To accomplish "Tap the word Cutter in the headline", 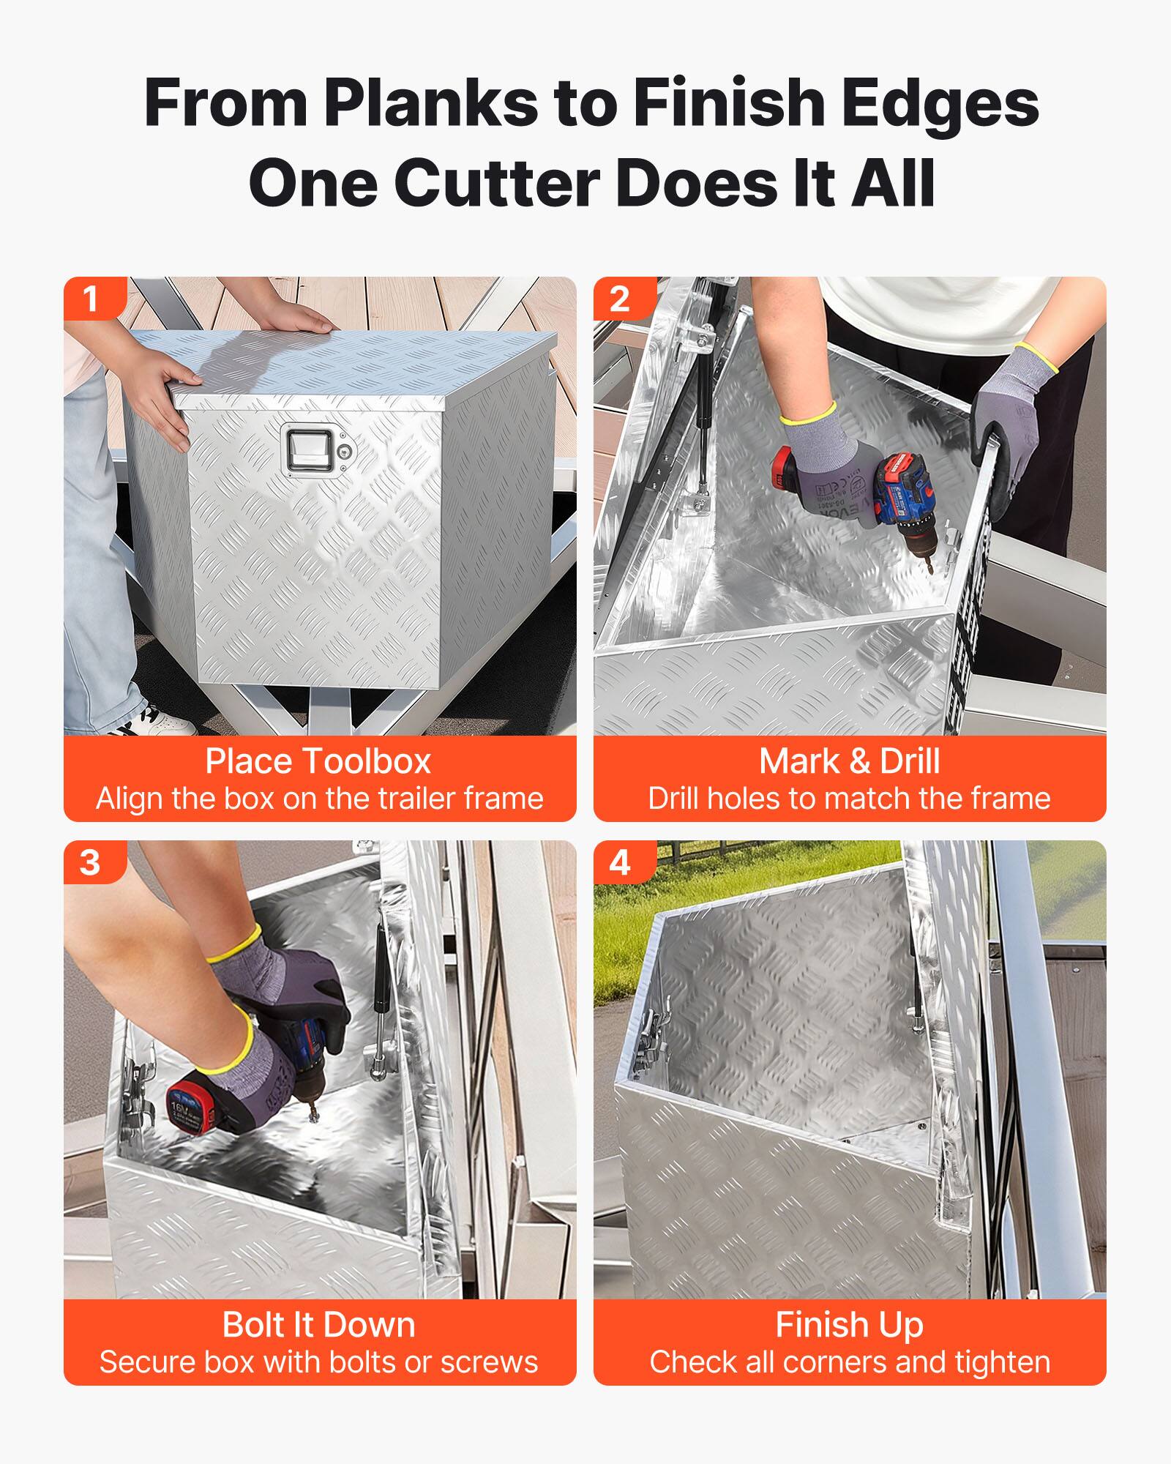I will click(498, 183).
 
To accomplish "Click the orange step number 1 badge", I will click(91, 299).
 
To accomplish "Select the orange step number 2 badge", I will click(620, 299).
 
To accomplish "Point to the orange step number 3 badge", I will click(91, 862).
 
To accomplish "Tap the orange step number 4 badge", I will click(620, 862).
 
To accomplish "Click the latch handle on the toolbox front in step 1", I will click(310, 448).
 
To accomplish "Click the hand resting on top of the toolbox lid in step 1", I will click(296, 318).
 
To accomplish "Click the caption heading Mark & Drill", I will click(849, 761).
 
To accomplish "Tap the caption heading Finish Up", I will click(849, 1325).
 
